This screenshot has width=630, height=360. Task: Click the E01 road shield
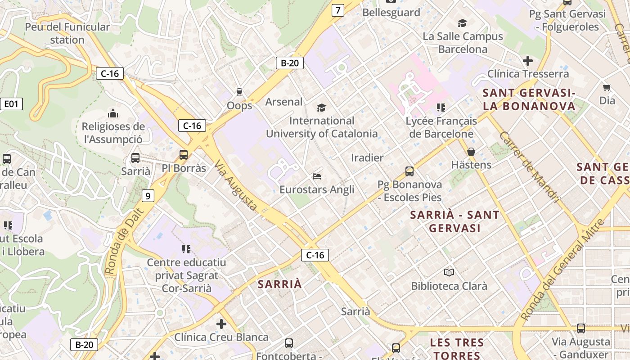[11, 104]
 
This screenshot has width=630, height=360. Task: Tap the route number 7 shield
[337, 10]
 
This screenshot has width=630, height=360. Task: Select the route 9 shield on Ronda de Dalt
[148, 196]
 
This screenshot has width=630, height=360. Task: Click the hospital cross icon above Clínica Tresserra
[528, 61]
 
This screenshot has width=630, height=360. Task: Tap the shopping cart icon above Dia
[607, 87]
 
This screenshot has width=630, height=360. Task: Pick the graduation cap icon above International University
[321, 108]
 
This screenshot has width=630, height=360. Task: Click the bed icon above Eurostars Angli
[317, 176]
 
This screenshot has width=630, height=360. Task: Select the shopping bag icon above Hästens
[471, 152]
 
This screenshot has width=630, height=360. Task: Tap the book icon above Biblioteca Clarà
[449, 272]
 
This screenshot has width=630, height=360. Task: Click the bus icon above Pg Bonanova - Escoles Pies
[409, 171]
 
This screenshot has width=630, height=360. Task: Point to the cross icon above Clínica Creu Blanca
[221, 324]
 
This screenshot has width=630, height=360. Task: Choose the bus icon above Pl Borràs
[184, 155]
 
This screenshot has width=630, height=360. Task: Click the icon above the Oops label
[239, 92]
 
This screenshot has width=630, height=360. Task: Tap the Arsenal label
[284, 102]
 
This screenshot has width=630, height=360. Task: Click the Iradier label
[367, 158]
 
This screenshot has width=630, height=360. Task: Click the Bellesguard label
[391, 13]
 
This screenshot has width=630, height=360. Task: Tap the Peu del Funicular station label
[67, 33]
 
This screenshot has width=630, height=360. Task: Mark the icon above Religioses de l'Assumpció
[113, 113]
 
